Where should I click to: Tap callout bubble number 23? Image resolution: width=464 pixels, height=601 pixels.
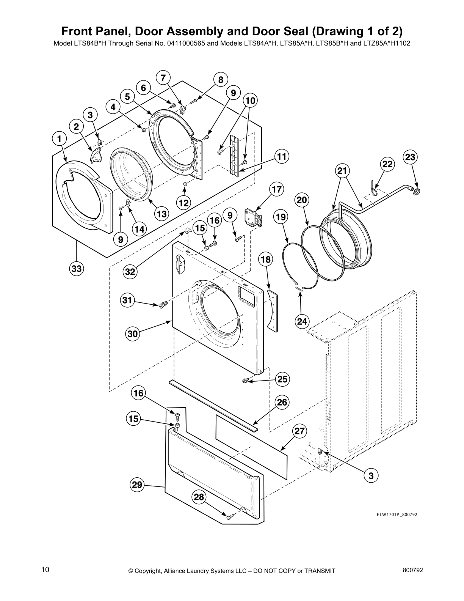(410, 157)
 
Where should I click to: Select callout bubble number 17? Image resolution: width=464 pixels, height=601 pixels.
(277, 189)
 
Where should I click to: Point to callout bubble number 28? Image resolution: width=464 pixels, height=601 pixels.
(199, 497)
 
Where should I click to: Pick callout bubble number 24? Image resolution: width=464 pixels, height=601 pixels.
(302, 321)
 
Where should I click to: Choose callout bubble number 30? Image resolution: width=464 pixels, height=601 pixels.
(132, 334)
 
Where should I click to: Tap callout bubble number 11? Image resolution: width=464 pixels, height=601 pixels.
(281, 156)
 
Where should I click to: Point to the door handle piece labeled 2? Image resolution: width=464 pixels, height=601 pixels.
(96, 154)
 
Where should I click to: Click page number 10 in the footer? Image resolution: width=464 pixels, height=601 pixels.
(45, 569)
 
